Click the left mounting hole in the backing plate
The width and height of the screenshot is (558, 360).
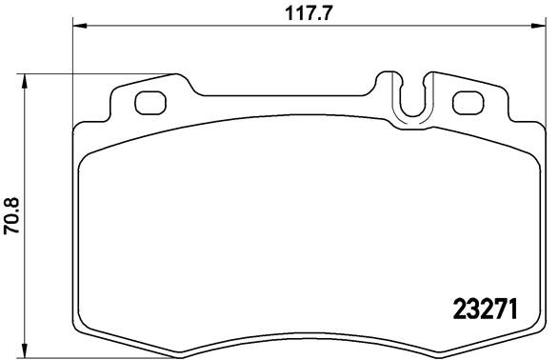(150, 101)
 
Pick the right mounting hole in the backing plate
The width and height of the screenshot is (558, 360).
(466, 101)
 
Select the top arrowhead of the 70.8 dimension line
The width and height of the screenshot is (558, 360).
(26, 79)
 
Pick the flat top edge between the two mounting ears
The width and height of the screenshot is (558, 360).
(286, 95)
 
